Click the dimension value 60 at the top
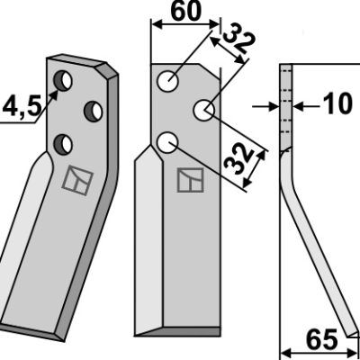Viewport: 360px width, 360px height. (x=185, y=12)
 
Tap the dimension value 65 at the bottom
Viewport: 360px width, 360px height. (x=321, y=340)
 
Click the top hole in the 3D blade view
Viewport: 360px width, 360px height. (x=62, y=81)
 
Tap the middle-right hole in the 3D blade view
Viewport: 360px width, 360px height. (x=93, y=112)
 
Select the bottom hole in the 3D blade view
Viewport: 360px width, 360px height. (x=63, y=144)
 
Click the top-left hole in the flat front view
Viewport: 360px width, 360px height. (x=168, y=82)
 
